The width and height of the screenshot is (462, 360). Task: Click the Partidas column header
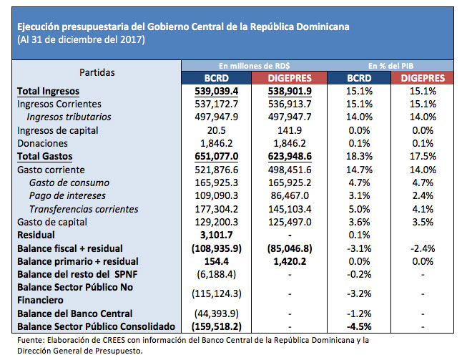(97, 72)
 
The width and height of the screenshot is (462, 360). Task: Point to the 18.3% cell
(357, 156)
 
